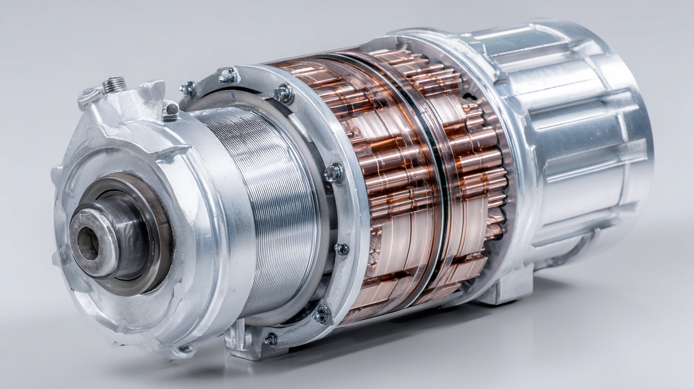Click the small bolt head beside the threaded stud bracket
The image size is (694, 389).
pyautogui.click(x=171, y=110)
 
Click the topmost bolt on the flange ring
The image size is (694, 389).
pyautogui.click(x=228, y=75)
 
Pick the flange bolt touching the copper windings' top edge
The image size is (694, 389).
pyautogui.click(x=284, y=93)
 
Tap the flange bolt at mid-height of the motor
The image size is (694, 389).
pyautogui.click(x=334, y=173)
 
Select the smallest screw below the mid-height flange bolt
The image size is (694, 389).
pyautogui.click(x=341, y=249)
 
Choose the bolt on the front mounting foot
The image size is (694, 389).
pyautogui.click(x=271, y=339)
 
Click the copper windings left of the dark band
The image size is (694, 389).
pyautogui.click(x=391, y=191)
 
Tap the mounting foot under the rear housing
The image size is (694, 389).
pyautogui.click(x=505, y=291)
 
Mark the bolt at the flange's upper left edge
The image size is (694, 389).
pyautogui.click(x=188, y=88)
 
